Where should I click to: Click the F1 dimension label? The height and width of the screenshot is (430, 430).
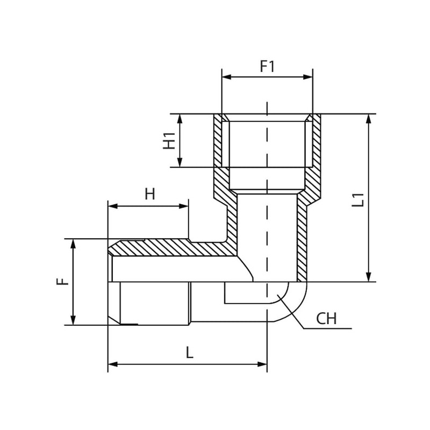267,66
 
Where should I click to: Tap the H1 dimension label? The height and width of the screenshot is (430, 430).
169,141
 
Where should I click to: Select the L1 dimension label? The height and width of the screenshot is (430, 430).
358,200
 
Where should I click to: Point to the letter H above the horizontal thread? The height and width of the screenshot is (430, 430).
150,194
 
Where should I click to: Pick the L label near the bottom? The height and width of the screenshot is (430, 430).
190,353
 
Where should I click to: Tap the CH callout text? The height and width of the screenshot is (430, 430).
326,319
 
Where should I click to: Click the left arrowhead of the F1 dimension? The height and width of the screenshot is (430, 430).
226,77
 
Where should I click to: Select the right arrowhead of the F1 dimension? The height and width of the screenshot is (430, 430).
307,77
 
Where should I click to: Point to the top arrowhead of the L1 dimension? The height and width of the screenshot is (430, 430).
369,119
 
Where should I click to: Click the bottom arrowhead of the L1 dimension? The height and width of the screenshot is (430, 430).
369,276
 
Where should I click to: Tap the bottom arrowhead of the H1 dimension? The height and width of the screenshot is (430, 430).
180,162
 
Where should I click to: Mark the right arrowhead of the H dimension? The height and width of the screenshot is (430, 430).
183,206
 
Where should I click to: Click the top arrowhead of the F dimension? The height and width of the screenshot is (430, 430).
73,244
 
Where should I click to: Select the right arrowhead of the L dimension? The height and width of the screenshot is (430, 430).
262,364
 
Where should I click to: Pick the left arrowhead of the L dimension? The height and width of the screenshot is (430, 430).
113,364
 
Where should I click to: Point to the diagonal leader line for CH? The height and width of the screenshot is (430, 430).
291,312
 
